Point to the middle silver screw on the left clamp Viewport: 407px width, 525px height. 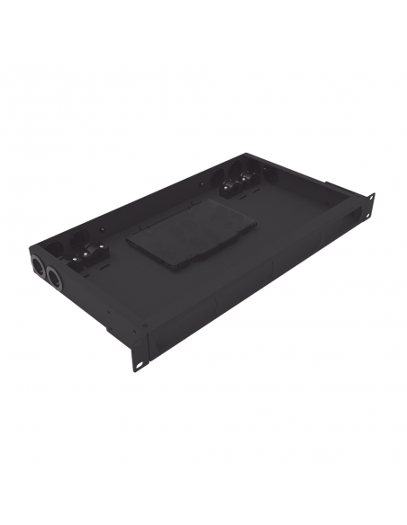90,257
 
